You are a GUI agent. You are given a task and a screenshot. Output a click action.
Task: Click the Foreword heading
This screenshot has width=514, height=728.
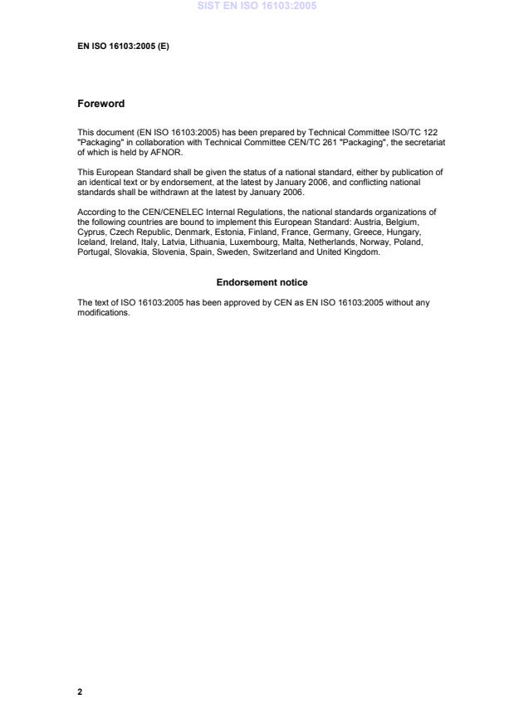100,104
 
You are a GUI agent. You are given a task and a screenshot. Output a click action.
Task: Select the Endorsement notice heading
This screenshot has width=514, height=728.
262,282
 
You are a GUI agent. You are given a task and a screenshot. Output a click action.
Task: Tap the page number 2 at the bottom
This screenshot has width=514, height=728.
80,691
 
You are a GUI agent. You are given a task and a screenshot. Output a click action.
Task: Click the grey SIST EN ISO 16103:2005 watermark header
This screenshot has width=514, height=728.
257,6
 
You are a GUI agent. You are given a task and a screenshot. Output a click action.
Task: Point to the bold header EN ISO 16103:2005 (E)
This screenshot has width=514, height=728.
123,46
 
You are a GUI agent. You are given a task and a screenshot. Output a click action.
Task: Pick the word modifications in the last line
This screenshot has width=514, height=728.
104,313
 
